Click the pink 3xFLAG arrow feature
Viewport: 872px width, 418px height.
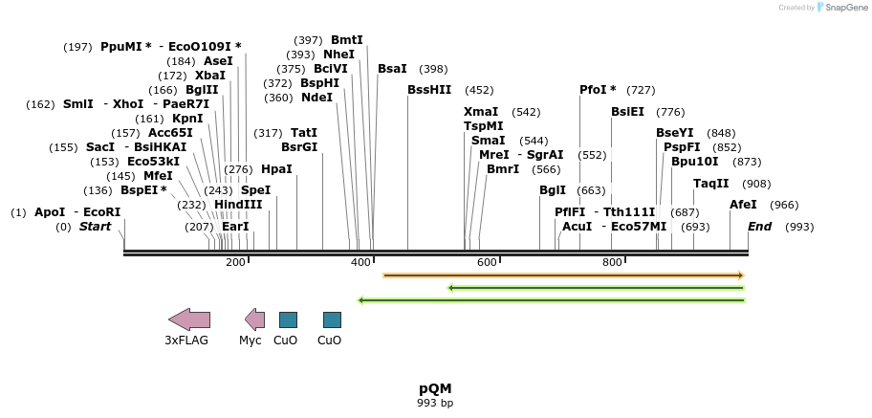188,319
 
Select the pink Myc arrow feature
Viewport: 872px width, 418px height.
254,319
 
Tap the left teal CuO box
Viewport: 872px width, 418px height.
288,319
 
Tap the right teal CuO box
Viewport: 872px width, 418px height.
332,319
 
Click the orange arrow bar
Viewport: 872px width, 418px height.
562,275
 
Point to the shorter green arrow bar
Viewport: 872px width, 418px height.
596,287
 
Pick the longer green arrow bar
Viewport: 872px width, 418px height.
551,300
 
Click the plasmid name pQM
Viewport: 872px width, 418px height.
435,388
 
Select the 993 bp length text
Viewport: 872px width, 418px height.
435,403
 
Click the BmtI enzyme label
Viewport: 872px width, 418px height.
347,40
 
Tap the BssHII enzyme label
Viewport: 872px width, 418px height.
429,90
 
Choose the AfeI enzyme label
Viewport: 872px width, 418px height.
743,205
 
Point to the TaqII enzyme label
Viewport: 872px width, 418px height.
711,184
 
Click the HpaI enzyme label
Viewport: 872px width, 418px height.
276,169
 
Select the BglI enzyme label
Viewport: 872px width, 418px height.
553,190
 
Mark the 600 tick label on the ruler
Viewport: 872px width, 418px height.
487,263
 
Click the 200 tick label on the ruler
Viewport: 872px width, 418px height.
235,263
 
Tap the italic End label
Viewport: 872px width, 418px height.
759,227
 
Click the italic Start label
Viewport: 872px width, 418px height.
95,227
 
